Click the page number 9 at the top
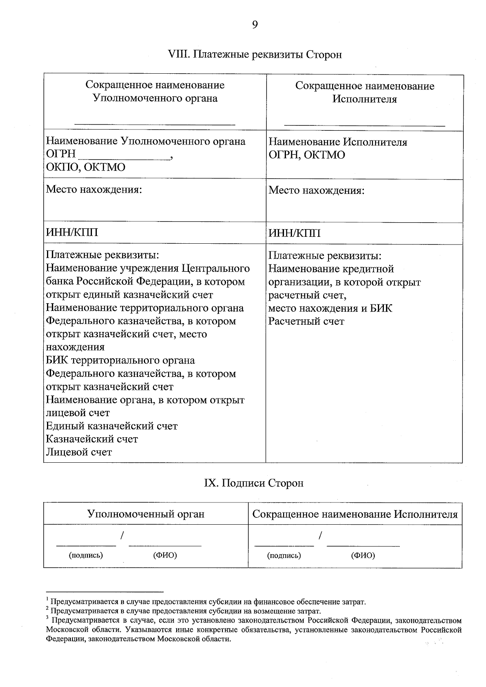tap(255, 25)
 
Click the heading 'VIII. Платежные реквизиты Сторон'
tap(255, 54)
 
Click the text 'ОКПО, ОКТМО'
tap(86, 167)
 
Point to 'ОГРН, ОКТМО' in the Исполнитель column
tap(307, 155)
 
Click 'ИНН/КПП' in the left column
tap(72, 232)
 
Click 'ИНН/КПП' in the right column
tap(294, 233)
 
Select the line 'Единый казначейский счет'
tap(112, 426)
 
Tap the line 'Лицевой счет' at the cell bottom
tap(79, 452)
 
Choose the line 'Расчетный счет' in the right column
tap(306, 321)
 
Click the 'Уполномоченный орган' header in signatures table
tap(146, 514)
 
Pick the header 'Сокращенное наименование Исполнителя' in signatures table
tap(355, 514)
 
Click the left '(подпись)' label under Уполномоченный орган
tap(86, 555)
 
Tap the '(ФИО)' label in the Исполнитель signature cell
tap(363, 555)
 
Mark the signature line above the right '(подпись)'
tap(284, 545)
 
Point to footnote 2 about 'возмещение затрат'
tap(185, 611)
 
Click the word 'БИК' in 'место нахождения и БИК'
tap(382, 308)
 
